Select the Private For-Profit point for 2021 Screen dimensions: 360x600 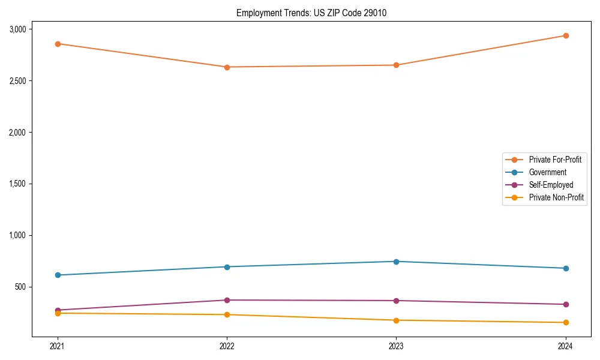click(58, 44)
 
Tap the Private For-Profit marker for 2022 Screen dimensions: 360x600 click(227, 67)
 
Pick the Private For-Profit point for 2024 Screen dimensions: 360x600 click(565, 35)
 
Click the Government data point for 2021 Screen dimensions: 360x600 click(58, 275)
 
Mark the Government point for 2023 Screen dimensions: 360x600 click(396, 262)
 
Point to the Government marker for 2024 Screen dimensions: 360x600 click(565, 268)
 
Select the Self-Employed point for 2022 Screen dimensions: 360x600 click(227, 300)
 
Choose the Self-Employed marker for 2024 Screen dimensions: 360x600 click(565, 304)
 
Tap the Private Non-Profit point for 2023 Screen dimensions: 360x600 click(396, 320)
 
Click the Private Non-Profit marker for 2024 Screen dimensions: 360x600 click(565, 323)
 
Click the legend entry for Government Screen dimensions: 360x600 click(547, 172)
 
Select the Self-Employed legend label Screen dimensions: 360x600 click(551, 185)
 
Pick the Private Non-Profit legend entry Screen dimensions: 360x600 click(556, 197)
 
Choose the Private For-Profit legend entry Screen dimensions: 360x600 click(555, 160)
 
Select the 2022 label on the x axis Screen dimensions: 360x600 click(227, 346)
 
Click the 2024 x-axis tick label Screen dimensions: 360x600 click(565, 346)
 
